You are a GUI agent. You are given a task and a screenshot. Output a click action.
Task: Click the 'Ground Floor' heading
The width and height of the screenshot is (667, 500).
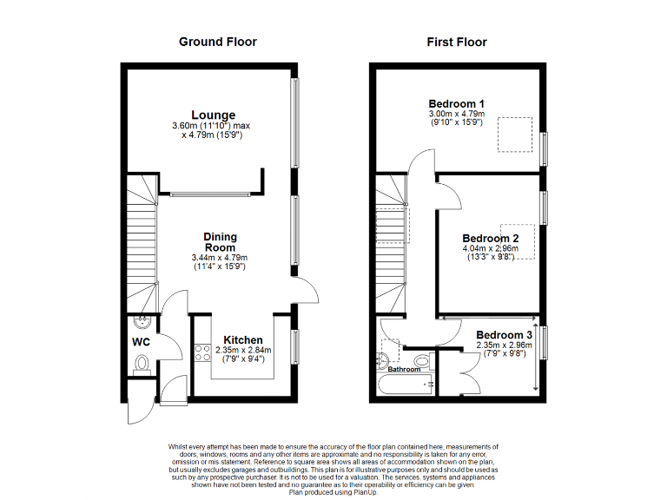(217, 42)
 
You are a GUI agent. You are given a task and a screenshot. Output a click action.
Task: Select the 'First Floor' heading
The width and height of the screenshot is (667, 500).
(457, 42)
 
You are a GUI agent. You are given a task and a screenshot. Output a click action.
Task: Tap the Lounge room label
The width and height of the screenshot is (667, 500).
(214, 115)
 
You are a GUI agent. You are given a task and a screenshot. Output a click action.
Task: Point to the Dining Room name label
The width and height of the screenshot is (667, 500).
(220, 242)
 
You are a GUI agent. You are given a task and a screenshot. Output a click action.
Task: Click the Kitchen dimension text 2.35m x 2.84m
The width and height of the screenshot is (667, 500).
(243, 350)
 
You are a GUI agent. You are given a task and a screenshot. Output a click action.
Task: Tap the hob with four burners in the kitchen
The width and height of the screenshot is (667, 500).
(201, 353)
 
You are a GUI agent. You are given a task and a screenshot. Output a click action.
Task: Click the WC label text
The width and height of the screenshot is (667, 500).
(141, 343)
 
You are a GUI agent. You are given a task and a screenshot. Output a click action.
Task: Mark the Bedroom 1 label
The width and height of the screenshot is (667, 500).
(457, 102)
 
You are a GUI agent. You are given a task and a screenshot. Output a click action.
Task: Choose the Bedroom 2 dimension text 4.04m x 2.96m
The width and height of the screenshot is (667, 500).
(490, 248)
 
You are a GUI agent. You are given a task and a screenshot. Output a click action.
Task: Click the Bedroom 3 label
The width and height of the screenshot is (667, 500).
(505, 335)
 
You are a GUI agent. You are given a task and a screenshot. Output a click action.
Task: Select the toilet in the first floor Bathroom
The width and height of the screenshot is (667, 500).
(422, 360)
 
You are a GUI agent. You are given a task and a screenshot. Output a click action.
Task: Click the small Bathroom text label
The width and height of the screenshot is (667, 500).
(404, 370)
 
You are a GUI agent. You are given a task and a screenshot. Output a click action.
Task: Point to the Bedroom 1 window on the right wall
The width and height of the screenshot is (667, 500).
(545, 148)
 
